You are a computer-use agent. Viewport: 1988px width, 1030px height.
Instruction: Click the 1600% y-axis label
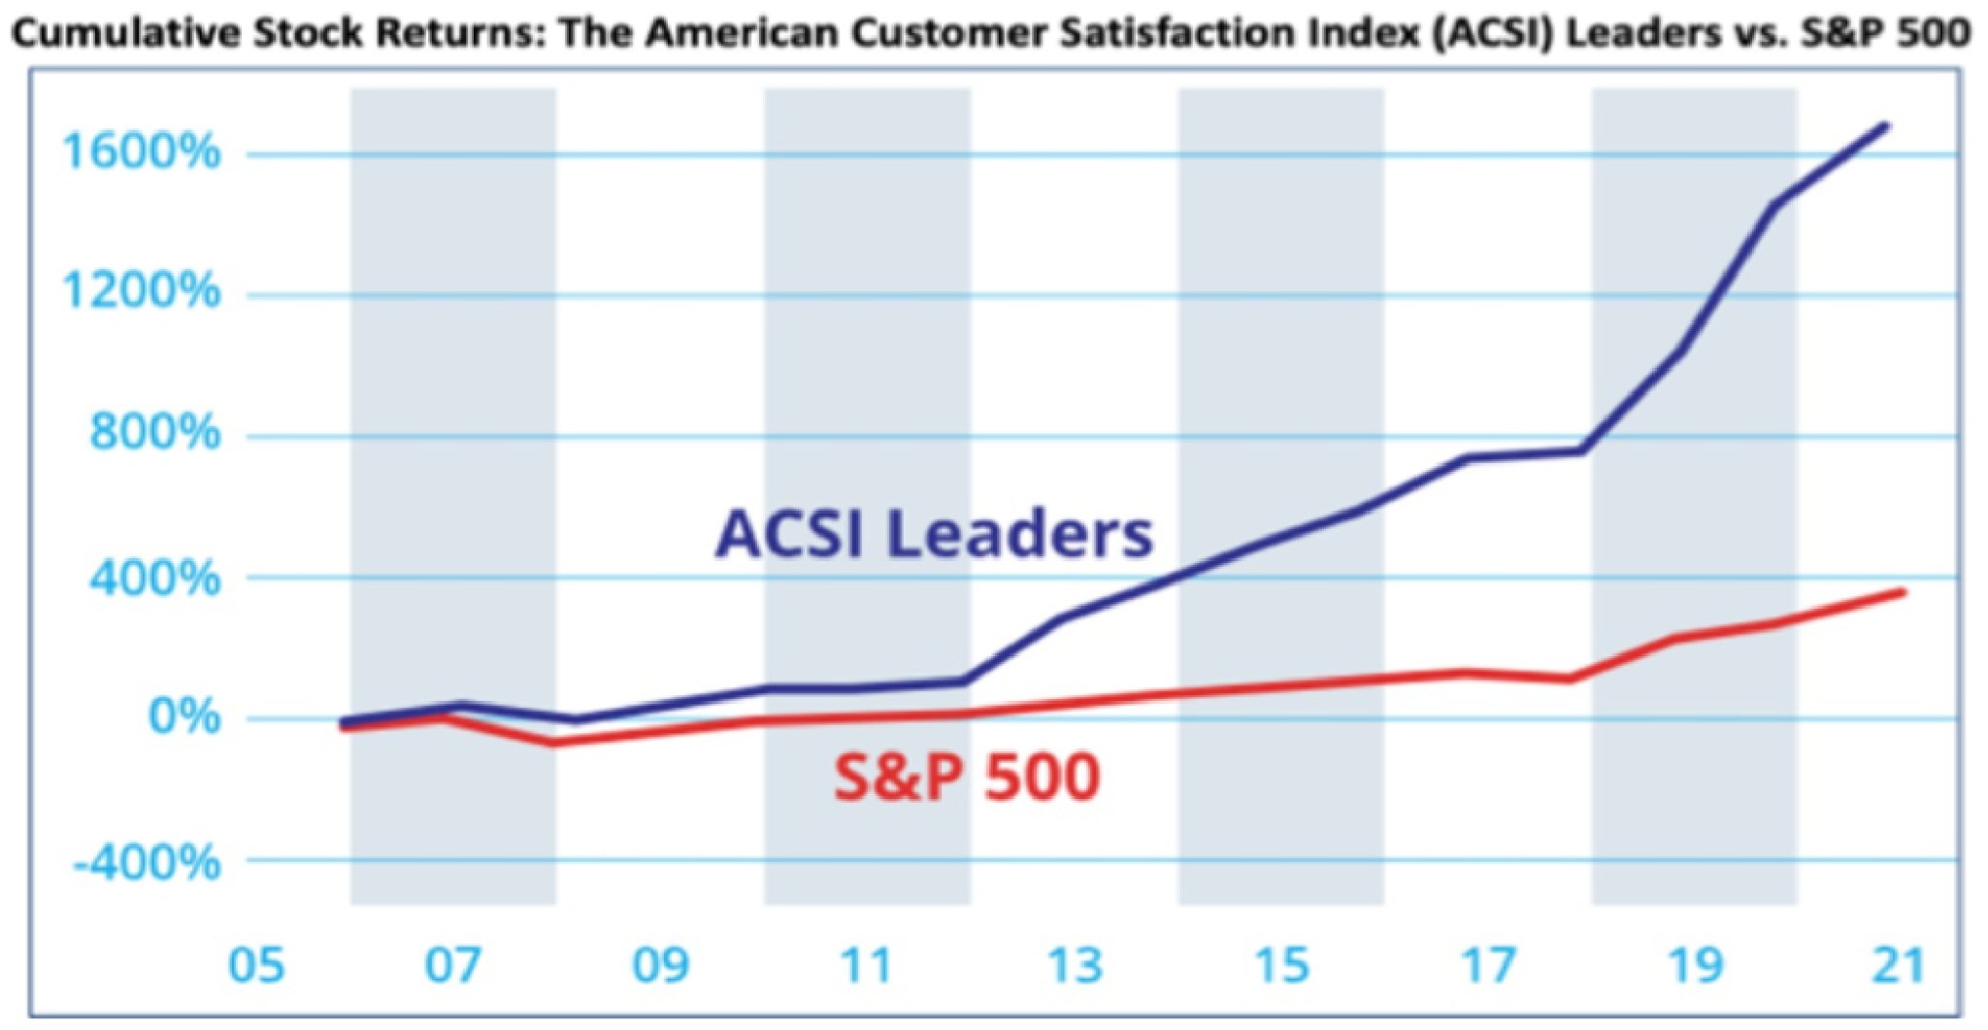coord(141,152)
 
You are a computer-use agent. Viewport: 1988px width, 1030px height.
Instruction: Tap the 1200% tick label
coord(141,291)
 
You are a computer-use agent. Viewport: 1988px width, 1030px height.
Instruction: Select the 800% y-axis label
coord(154,432)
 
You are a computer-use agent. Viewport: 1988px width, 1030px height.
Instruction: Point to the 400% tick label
coord(154,580)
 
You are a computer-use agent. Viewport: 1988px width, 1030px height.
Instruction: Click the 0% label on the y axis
coord(183,717)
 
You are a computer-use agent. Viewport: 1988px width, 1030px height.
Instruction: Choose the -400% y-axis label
coord(147,862)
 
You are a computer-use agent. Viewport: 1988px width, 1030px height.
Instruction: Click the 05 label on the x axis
coord(256,966)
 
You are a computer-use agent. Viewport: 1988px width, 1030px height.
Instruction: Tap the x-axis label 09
coord(661,966)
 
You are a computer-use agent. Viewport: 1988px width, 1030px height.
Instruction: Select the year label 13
coord(1076,966)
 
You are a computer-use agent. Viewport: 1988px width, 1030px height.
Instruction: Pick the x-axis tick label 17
coord(1488,966)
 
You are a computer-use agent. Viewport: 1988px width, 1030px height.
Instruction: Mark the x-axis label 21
coord(1898,966)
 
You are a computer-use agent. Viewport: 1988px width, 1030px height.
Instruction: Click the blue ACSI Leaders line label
coord(934,534)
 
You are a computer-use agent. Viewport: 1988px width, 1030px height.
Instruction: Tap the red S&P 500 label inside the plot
coord(967,777)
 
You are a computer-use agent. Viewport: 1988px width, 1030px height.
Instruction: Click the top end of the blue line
coord(1884,126)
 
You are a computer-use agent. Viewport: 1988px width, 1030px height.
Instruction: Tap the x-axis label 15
coord(1281,966)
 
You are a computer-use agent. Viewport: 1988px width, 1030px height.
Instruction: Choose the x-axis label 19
coord(1695,966)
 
